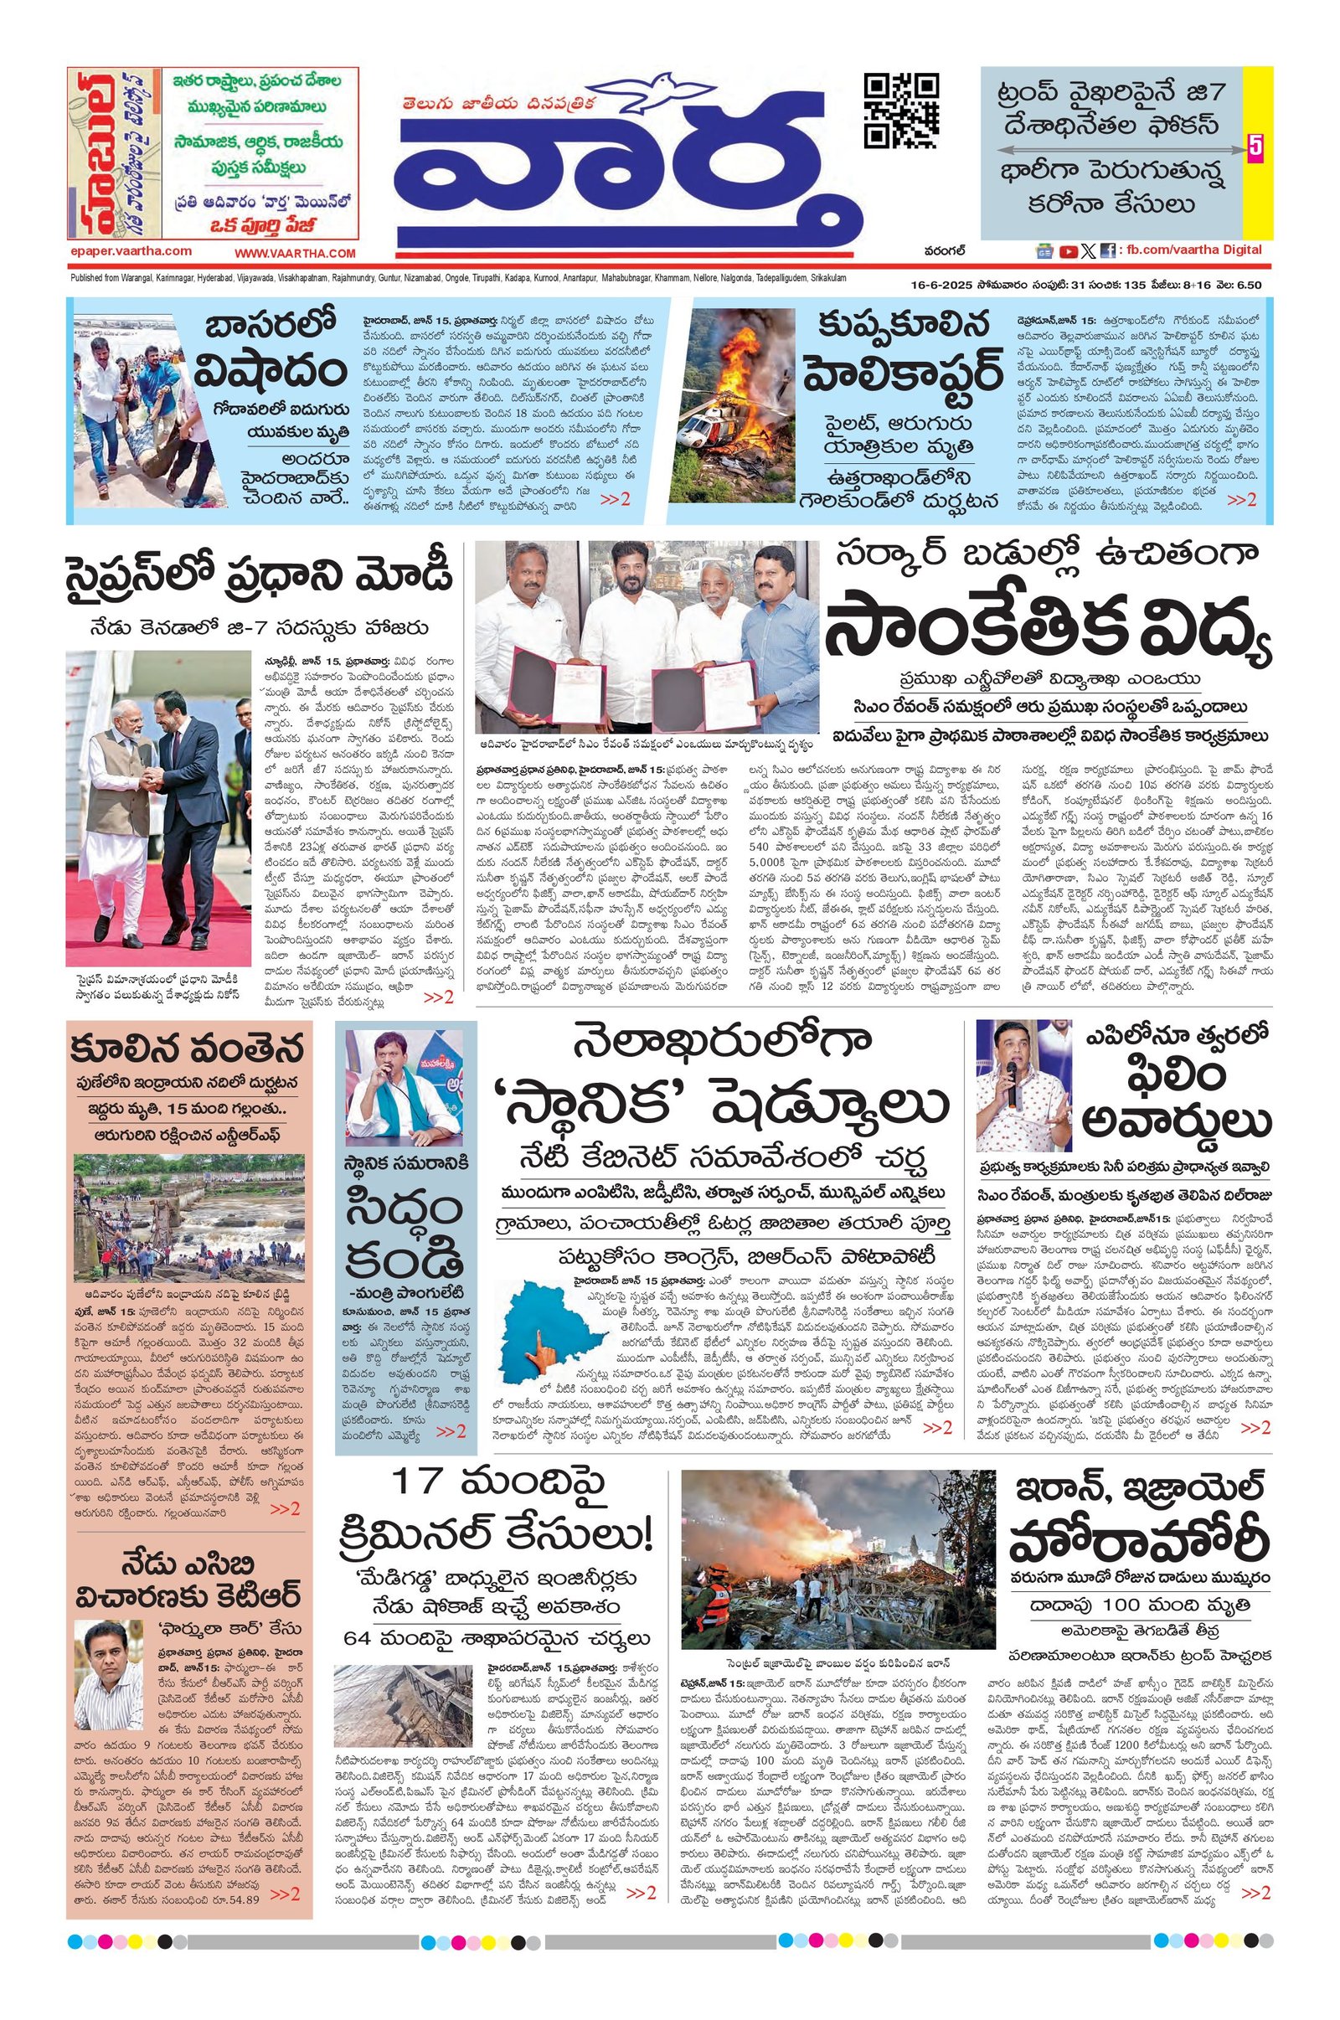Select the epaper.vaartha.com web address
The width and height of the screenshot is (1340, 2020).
[131, 251]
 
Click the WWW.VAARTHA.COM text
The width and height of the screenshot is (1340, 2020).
[295, 253]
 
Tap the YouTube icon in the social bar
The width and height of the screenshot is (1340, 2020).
[1067, 251]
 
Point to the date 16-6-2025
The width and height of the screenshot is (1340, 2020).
[944, 285]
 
